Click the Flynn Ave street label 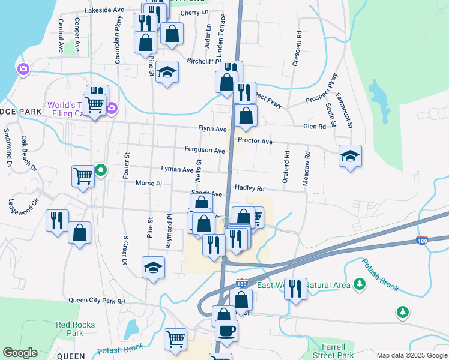click(x=212, y=129)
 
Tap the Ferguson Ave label click(x=205, y=150)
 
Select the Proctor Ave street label click(x=255, y=142)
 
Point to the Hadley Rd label click(x=250, y=188)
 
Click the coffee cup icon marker click(x=226, y=331)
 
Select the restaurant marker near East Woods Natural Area click(x=295, y=289)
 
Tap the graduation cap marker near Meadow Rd click(x=350, y=156)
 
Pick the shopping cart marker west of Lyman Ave click(x=83, y=176)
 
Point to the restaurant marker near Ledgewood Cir click(x=57, y=220)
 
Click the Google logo click(x=19, y=353)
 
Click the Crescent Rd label click(x=297, y=45)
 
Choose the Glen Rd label click(x=315, y=127)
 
